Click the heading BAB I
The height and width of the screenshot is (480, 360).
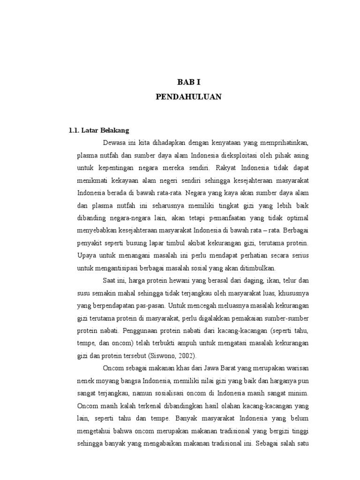tap(188, 82)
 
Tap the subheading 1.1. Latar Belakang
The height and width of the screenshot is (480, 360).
tap(99, 130)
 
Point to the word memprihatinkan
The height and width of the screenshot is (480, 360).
tap(283, 142)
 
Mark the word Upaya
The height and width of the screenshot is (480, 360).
tap(86, 256)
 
